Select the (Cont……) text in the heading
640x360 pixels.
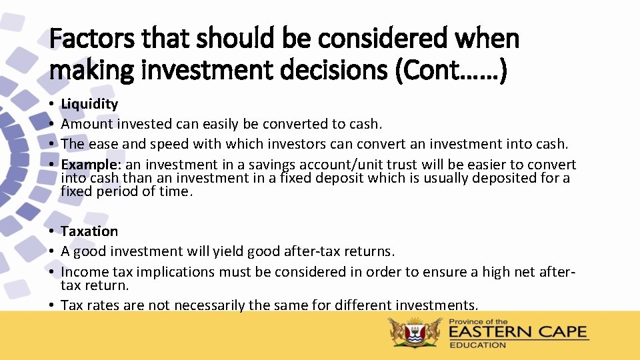point(451,71)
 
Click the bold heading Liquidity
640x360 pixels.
point(89,104)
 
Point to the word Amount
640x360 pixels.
point(87,124)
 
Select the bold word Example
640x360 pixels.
point(86,165)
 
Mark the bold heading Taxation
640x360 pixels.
point(89,231)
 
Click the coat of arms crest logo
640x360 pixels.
point(416,332)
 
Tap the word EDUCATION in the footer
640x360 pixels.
point(478,345)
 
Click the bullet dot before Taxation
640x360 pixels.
point(52,231)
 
